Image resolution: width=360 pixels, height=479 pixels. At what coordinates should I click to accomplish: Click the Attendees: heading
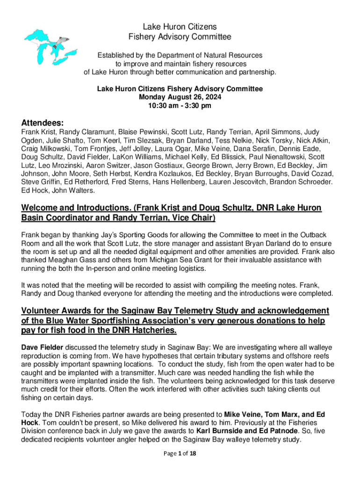click(42, 123)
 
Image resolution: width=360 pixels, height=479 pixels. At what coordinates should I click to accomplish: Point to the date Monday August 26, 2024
click(180, 97)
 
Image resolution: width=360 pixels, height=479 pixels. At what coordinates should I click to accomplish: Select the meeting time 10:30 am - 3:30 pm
click(180, 106)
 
